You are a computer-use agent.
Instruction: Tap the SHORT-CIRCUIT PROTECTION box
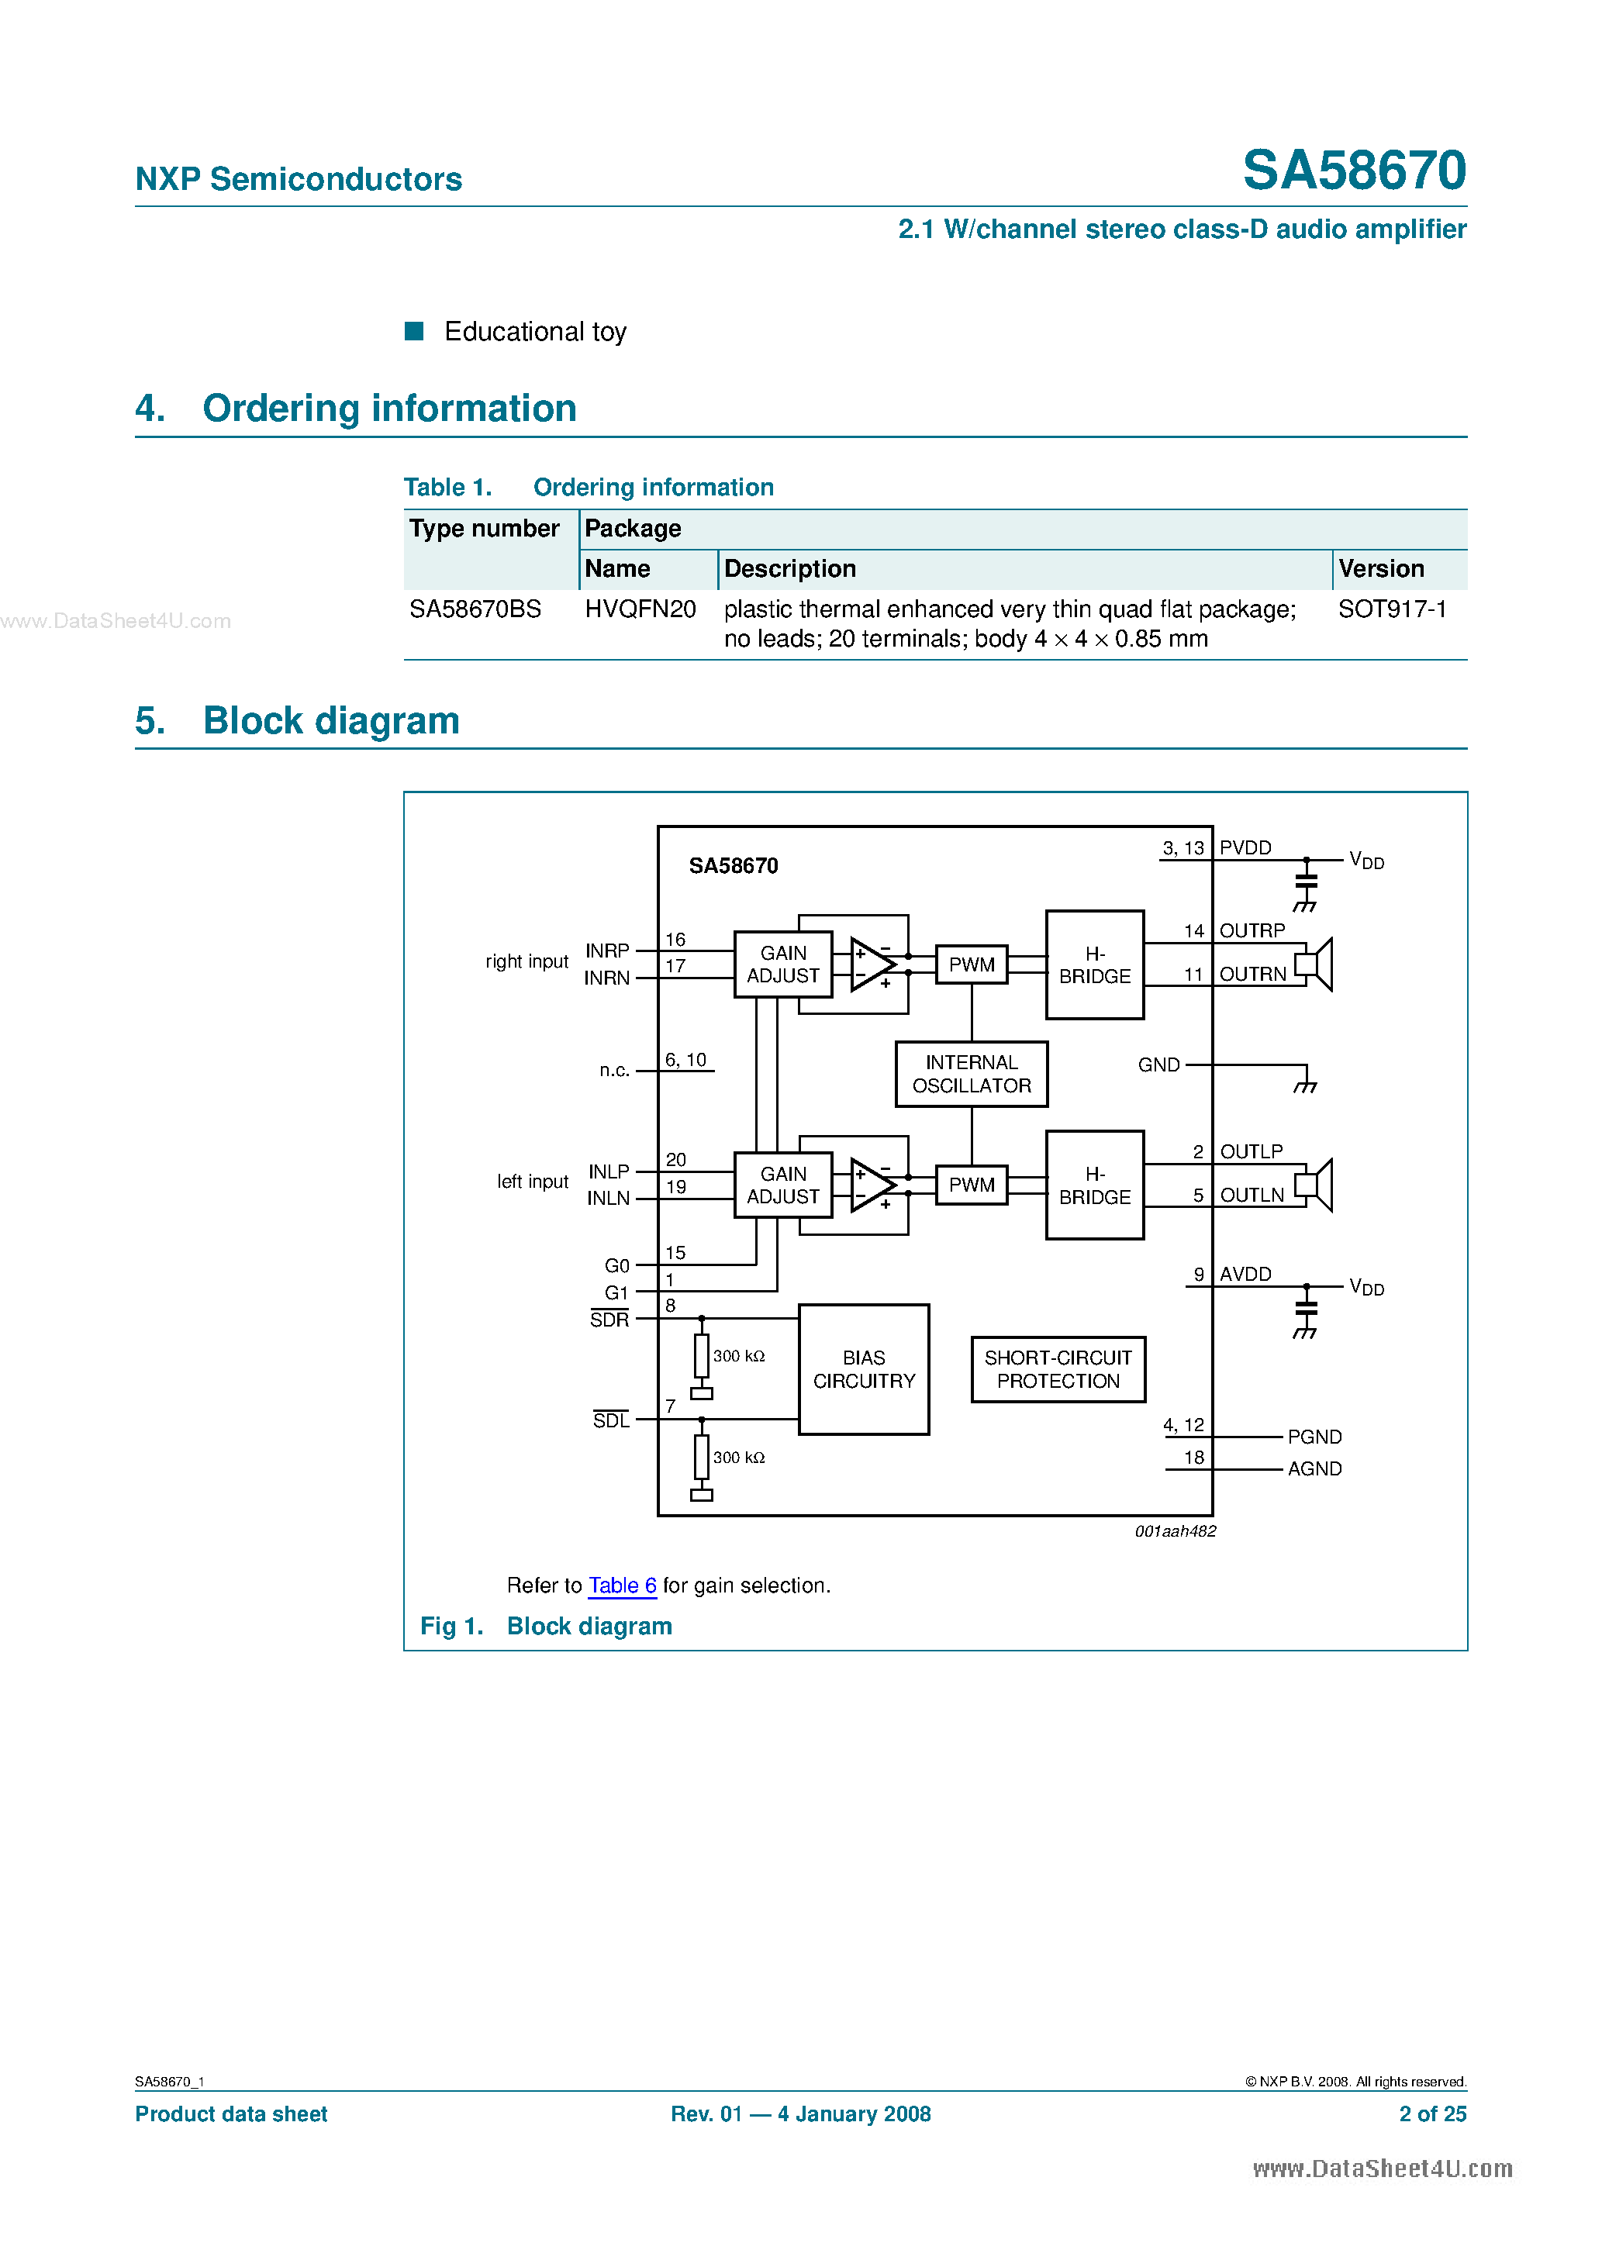pos(1058,1368)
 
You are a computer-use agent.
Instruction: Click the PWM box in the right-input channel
pos(971,964)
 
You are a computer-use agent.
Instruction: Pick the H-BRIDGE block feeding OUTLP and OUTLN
pos(1094,1185)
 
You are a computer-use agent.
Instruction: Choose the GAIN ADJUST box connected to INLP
pos(782,1185)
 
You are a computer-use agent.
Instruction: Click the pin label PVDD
pos(1245,847)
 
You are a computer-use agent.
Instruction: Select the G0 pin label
pos(616,1266)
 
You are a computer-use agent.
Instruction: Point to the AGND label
pos(1314,1468)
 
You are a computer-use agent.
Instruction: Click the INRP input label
pos(606,950)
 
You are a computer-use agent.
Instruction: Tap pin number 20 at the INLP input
pos(675,1159)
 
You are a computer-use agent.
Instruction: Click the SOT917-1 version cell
pos(1392,609)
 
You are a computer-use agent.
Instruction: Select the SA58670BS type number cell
pos(475,609)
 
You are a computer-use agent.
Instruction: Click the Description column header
pos(789,569)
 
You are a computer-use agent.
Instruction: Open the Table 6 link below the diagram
pos(622,1585)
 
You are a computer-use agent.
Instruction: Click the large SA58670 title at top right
pos(1353,170)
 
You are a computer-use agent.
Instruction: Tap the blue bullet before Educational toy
pos(415,331)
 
